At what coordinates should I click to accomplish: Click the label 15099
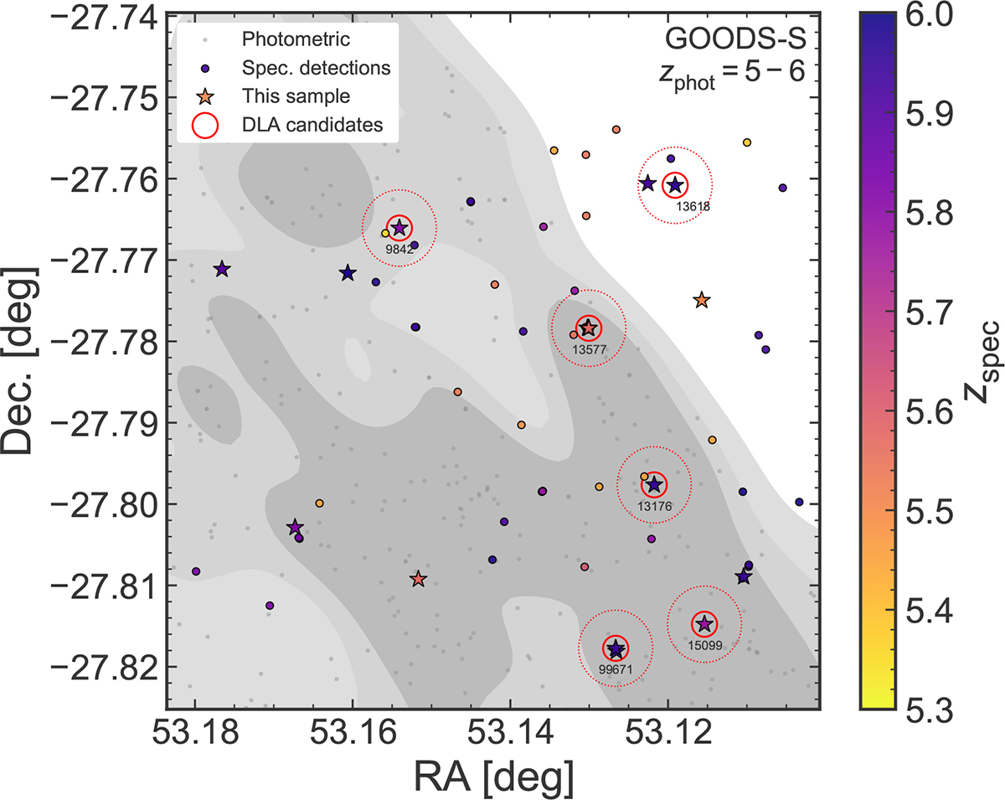click(x=703, y=644)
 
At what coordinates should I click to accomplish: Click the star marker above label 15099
click(x=704, y=623)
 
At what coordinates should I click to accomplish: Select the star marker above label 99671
click(x=616, y=648)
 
